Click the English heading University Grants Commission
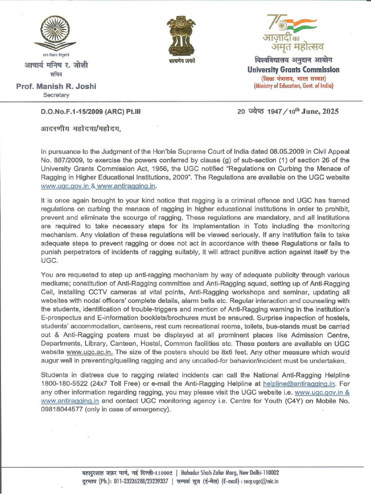[293, 70]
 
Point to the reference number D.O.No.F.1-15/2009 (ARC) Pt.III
[90, 111]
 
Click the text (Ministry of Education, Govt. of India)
[293, 87]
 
